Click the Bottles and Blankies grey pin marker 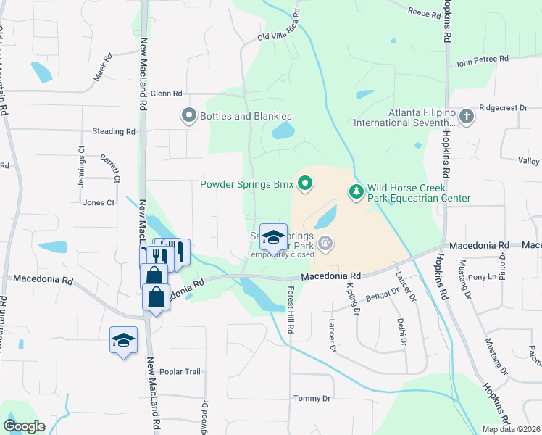pyautogui.click(x=189, y=116)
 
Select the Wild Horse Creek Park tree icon pyautogui.click(x=356, y=191)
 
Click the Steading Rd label pyautogui.click(x=114, y=132)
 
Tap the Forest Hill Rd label pyautogui.click(x=291, y=310)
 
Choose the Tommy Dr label pyautogui.click(x=312, y=399)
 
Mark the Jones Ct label pyautogui.click(x=99, y=203)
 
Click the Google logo pyautogui.click(x=24, y=426)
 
